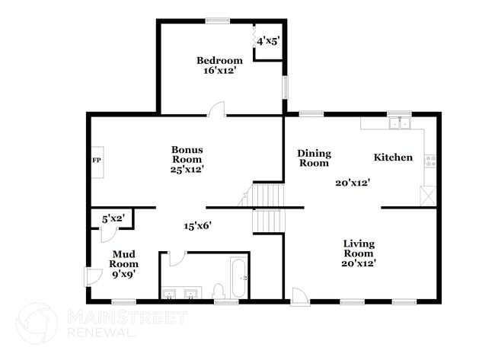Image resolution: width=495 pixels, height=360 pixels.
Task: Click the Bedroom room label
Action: coord(219,61)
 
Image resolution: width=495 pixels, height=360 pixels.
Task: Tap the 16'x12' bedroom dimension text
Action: coord(219,71)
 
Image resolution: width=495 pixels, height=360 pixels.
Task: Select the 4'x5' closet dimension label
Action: coord(269,41)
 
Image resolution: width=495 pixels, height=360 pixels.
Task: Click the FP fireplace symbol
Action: coord(97,161)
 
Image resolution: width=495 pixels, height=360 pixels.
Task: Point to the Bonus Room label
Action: coord(187,155)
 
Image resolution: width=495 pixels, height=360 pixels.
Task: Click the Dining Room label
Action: coord(313,158)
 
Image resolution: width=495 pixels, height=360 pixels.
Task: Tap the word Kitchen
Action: coord(393,158)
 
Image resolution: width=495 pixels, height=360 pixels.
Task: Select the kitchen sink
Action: coord(398,122)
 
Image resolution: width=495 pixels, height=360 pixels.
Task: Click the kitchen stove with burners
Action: coord(431,161)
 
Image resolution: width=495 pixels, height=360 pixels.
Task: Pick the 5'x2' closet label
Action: coord(113,219)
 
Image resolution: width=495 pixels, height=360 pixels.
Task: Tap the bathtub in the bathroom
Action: coord(238,279)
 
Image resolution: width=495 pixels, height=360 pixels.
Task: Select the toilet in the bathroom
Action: coord(218,290)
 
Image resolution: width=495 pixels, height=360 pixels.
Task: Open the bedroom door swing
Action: coord(216,109)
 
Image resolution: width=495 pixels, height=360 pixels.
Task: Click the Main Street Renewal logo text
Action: coord(125,322)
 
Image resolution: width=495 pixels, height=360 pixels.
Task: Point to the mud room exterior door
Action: coord(92,275)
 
